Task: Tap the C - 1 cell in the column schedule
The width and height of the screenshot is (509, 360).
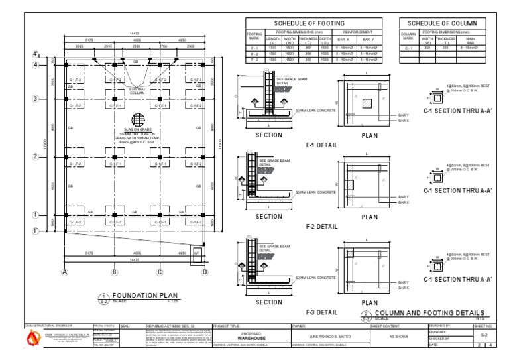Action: coord(408,48)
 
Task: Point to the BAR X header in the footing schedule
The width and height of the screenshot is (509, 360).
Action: coord(343,40)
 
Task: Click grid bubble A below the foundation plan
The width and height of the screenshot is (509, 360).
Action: coord(65,272)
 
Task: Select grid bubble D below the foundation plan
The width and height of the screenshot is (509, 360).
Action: coord(205,272)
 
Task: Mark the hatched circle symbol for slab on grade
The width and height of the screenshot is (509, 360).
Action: coord(138,119)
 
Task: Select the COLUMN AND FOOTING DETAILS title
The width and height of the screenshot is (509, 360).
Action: coord(430,312)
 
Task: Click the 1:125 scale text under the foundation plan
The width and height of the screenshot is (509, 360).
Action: coord(172,302)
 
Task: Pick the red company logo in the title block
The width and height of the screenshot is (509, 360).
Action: coord(32,339)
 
